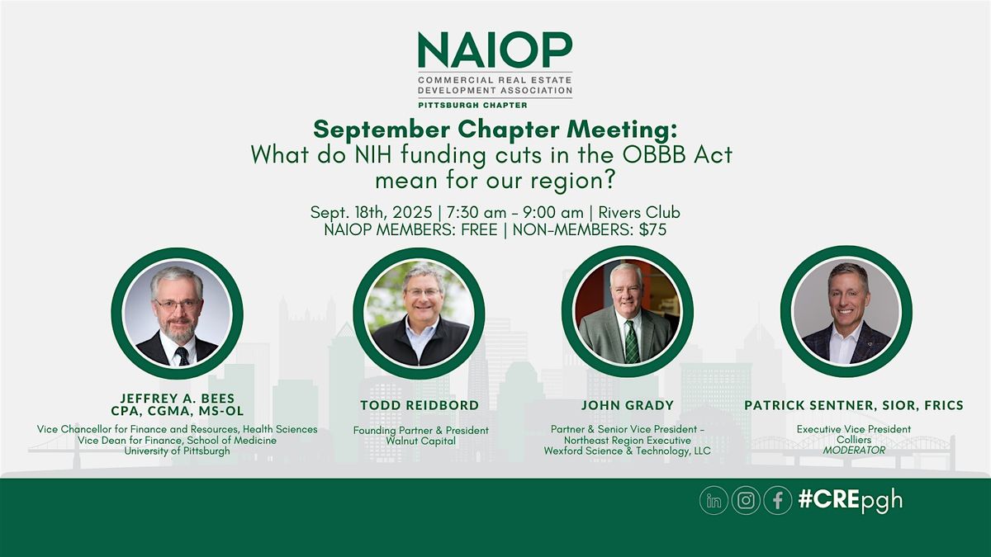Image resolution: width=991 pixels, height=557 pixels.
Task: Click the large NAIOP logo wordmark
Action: [495, 50]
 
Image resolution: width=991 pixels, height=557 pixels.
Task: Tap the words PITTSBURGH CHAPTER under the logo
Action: [472, 106]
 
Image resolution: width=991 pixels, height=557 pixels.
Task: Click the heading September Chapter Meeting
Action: [495, 130]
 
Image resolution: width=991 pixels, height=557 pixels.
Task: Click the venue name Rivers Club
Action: [639, 213]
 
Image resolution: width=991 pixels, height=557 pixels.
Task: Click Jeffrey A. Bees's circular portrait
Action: [177, 314]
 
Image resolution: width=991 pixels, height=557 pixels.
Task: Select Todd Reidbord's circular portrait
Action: [419, 314]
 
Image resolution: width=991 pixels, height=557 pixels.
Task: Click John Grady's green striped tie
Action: [632, 342]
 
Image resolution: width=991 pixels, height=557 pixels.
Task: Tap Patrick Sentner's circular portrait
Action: [846, 312]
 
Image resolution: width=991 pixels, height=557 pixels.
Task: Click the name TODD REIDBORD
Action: [420, 405]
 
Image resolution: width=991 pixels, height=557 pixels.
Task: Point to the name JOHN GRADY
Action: [628, 405]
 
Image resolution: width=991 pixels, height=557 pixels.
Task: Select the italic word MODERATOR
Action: [854, 451]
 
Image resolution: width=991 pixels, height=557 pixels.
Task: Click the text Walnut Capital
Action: [420, 441]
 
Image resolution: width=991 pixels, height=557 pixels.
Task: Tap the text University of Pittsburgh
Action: [177, 451]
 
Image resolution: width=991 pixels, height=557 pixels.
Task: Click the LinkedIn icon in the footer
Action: [714, 500]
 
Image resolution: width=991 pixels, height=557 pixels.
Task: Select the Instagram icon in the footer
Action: [746, 500]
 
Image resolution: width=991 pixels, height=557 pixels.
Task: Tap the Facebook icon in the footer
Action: [778, 500]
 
